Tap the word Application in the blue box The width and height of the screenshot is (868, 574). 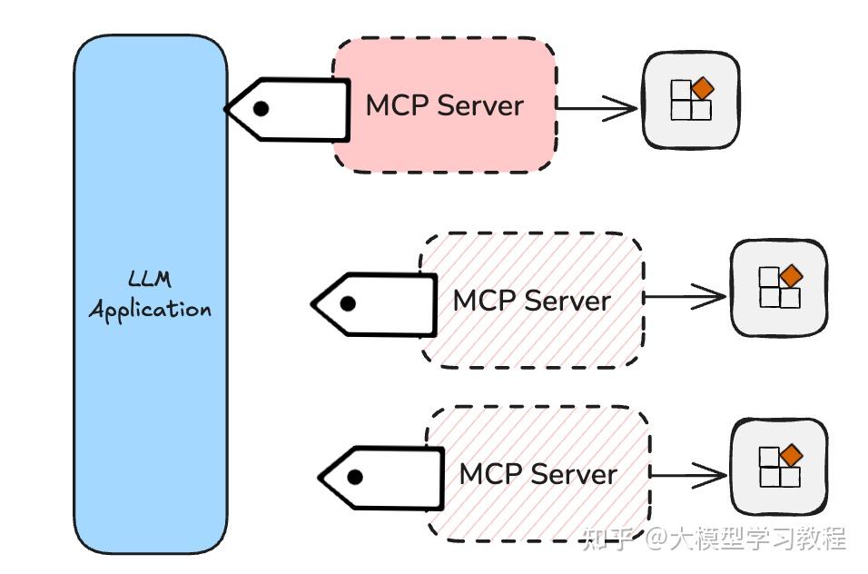pyautogui.click(x=150, y=310)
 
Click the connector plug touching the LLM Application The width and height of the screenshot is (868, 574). pyautogui.click(x=291, y=109)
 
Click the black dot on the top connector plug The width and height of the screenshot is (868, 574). pyautogui.click(x=261, y=109)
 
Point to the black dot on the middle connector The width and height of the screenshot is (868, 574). pyautogui.click(x=347, y=304)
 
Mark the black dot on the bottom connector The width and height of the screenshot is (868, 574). pyautogui.click(x=354, y=477)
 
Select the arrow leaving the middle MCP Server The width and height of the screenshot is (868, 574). pyautogui.click(x=686, y=296)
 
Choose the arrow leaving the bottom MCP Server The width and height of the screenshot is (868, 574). pyautogui.click(x=689, y=474)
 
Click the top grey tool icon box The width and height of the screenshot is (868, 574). pyautogui.click(x=691, y=100)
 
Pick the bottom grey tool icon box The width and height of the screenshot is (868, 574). pyautogui.click(x=779, y=466)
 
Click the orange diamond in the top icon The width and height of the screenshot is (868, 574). pyautogui.click(x=703, y=89)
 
